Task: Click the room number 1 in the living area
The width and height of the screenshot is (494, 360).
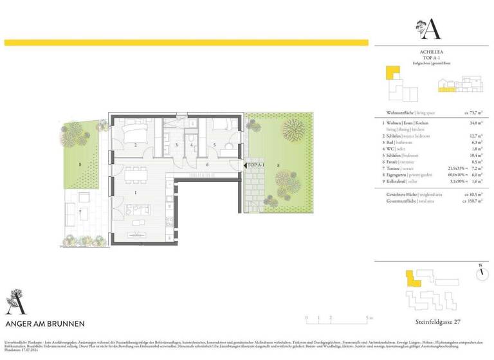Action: pyautogui.click(x=135, y=192)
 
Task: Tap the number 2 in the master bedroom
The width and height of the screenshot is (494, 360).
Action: pyautogui.click(x=135, y=145)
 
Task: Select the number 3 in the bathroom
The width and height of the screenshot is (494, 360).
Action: pyautogui.click(x=176, y=145)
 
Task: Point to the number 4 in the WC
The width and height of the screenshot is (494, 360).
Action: pyautogui.click(x=192, y=145)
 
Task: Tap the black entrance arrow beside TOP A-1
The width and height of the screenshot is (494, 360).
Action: pyautogui.click(x=245, y=165)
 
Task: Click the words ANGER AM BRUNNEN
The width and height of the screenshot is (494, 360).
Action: pyautogui.click(x=44, y=323)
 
